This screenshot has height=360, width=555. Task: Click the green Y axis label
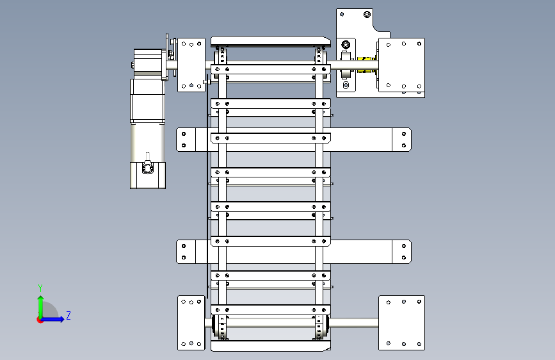click(40, 288)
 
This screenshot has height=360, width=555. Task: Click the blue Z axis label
click(68, 315)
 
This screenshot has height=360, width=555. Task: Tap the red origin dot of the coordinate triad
click(39, 320)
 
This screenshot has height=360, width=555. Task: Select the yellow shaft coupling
click(366, 65)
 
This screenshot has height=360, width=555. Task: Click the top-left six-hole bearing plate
click(191, 65)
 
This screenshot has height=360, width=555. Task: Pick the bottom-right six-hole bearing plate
click(402, 323)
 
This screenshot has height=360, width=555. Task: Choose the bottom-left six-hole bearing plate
click(191, 323)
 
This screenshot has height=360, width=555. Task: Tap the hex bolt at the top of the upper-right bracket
click(367, 14)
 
